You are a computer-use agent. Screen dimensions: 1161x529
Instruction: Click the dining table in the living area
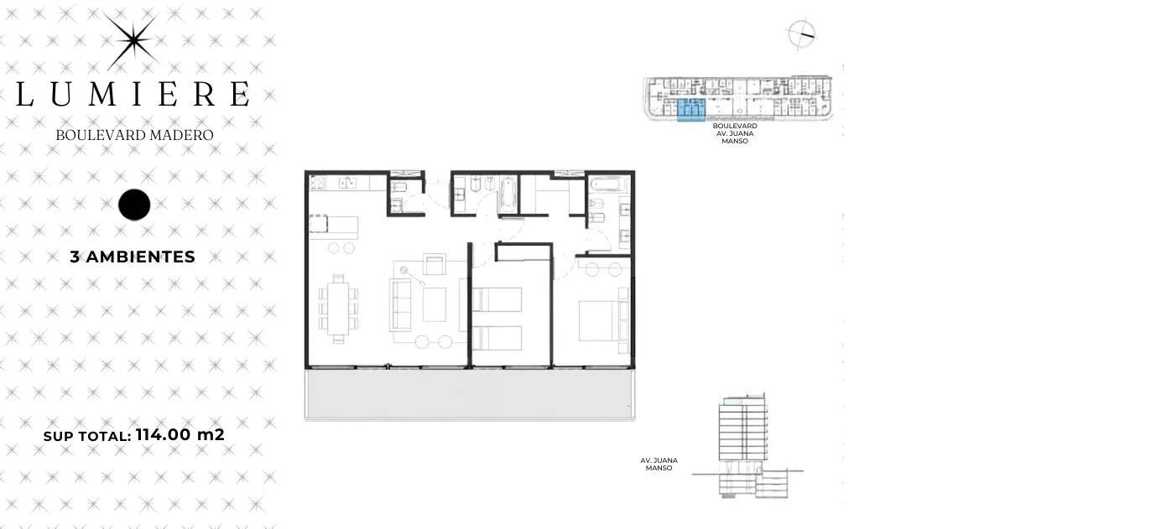pos(338,308)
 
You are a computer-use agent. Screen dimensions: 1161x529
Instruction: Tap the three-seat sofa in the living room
pos(400,304)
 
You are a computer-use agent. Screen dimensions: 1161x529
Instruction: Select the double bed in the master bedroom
pos(599,321)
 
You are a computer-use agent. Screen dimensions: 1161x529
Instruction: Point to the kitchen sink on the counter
pos(347,183)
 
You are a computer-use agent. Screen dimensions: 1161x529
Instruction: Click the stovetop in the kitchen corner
pos(317,183)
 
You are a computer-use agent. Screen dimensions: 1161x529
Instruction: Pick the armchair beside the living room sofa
pos(435,264)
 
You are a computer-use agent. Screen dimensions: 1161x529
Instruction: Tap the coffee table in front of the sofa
pos(435,304)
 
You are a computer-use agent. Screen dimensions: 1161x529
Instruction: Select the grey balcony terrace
pos(470,394)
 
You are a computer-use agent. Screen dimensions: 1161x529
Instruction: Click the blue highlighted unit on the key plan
pos(691,111)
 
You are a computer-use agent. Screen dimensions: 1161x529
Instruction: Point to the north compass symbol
pos(801,34)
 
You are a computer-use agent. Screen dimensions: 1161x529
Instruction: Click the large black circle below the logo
pos(134,205)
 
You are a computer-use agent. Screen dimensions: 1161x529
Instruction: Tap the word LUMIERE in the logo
pos(133,94)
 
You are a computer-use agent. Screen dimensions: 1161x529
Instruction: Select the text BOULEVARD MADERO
pos(135,135)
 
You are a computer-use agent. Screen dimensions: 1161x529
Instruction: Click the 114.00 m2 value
pos(180,434)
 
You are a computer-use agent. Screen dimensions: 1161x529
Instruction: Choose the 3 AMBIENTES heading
pos(133,257)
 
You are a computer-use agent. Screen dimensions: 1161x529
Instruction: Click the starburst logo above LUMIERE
pos(132,41)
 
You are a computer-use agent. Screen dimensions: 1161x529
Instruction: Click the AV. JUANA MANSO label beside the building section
pos(659,464)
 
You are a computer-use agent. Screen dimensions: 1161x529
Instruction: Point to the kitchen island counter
pos(334,227)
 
